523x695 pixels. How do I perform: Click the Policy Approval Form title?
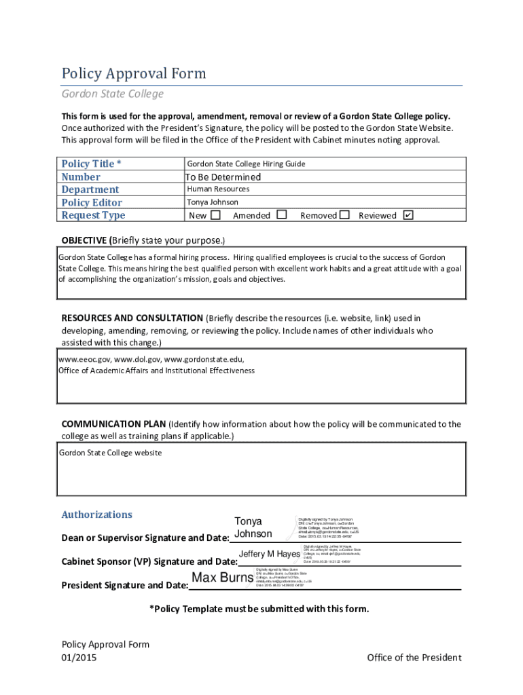click(133, 73)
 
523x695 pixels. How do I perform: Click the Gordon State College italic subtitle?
click(112, 94)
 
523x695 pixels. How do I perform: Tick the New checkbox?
click(216, 215)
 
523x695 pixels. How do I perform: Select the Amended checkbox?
click(283, 215)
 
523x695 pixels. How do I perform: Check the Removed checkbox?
click(344, 215)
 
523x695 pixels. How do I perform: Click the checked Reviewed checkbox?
click(408, 215)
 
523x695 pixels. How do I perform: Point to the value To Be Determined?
click(223, 177)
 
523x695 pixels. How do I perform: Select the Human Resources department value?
click(218, 189)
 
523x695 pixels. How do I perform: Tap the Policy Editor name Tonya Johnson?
click(213, 202)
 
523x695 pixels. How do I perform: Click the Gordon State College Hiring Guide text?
click(246, 164)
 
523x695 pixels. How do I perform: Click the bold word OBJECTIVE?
click(84, 240)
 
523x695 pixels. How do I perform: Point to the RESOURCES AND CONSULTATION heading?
click(132, 318)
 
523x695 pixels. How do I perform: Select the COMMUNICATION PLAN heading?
click(113, 424)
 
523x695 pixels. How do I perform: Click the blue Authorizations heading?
click(97, 514)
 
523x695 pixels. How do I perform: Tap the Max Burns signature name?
click(223, 579)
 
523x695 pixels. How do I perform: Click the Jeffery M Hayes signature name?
click(269, 555)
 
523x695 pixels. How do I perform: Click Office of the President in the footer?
click(414, 657)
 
